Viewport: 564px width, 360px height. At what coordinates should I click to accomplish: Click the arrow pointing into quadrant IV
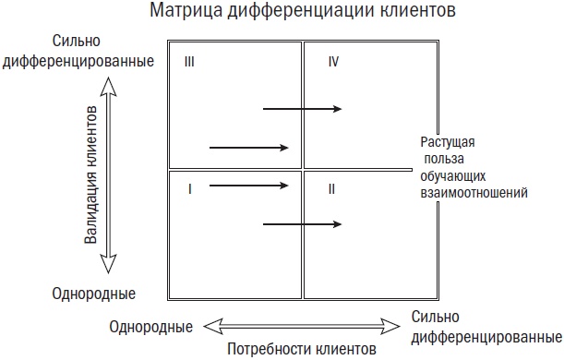point(303,109)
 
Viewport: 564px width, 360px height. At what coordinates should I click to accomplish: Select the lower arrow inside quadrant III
point(249,147)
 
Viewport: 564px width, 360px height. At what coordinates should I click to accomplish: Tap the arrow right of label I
point(249,185)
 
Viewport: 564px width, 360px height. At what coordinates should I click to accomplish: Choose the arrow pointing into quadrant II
point(303,223)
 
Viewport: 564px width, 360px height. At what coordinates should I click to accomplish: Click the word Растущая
point(448,141)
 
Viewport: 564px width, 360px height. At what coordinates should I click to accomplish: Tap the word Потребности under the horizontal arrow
point(266,350)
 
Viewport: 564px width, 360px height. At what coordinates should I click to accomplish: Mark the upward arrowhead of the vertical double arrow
point(109,85)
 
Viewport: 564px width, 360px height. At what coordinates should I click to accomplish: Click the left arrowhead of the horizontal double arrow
point(211,324)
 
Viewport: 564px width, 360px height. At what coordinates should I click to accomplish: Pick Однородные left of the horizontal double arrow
point(150,327)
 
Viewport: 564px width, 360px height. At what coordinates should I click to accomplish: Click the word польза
point(448,159)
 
